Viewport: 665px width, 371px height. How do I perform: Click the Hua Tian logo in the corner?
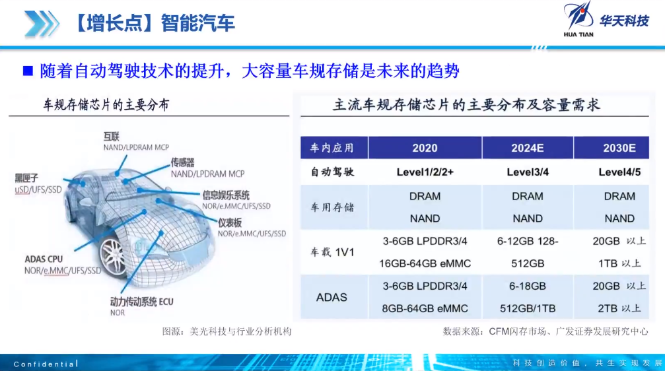pyautogui.click(x=606, y=20)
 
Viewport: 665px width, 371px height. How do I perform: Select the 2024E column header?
pyautogui.click(x=527, y=148)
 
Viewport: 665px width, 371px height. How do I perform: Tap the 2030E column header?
pyautogui.click(x=619, y=148)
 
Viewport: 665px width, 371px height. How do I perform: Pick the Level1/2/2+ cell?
pyautogui.click(x=425, y=172)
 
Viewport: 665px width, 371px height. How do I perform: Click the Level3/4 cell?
pyautogui.click(x=528, y=172)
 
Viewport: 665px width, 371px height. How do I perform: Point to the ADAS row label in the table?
pyautogui.click(x=332, y=297)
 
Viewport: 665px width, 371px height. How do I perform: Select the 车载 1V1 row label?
pyautogui.click(x=332, y=252)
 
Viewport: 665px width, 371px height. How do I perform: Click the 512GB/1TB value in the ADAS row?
pyautogui.click(x=528, y=309)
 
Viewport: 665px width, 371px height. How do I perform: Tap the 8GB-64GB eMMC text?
pyautogui.click(x=425, y=309)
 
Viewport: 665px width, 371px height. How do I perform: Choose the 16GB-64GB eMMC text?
pyautogui.click(x=425, y=264)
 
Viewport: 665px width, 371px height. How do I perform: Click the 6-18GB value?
pyautogui.click(x=528, y=287)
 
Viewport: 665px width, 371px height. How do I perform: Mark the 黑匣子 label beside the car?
pyautogui.click(x=26, y=178)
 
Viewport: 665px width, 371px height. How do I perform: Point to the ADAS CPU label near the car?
pyautogui.click(x=44, y=259)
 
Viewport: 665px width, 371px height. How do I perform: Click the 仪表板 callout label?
pyautogui.click(x=229, y=223)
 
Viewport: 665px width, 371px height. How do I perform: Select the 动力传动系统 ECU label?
pyautogui.click(x=142, y=302)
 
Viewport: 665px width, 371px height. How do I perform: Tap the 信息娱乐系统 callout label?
pyautogui.click(x=226, y=195)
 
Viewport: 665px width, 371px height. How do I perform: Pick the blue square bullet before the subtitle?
pyautogui.click(x=28, y=71)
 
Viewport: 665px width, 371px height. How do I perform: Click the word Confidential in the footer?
pyautogui.click(x=46, y=364)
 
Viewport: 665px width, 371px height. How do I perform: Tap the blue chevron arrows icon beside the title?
pyautogui.click(x=42, y=23)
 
